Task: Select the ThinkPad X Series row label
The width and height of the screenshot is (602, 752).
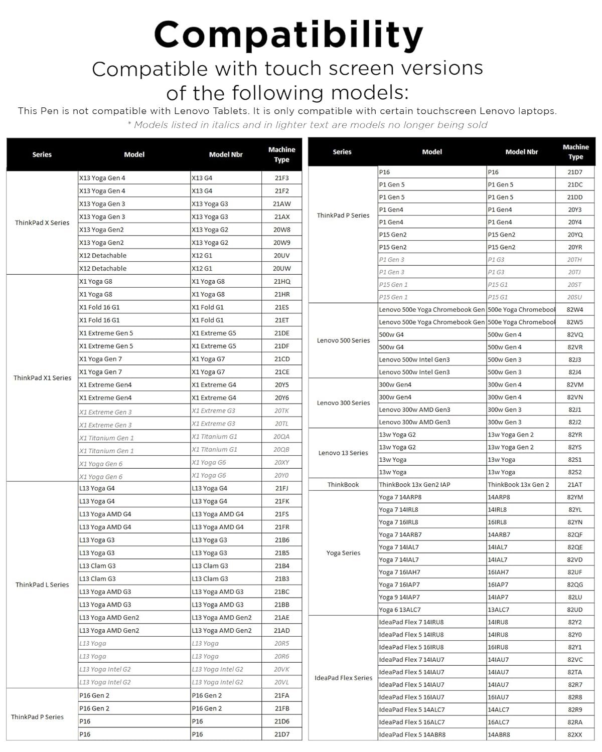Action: click(42, 223)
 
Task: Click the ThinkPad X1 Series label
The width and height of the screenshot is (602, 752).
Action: click(42, 378)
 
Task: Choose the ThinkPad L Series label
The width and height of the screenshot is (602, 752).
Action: click(42, 585)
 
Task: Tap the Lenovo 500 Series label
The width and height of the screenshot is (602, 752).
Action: click(343, 340)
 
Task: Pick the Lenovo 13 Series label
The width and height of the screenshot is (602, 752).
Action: click(343, 453)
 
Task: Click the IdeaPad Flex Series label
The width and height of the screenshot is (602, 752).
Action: click(343, 678)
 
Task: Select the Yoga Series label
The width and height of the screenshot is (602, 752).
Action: click(343, 553)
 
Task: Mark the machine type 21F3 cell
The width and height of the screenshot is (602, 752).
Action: click(281, 178)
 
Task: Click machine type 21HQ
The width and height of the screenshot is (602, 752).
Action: click(281, 281)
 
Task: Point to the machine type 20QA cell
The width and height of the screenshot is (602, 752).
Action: click(281, 437)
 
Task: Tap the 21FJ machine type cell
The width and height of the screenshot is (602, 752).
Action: click(281, 488)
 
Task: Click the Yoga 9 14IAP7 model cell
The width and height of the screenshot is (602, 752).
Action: click(399, 597)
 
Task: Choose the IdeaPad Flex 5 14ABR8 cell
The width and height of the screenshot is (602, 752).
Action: click(412, 734)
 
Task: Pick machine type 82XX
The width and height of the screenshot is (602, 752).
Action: click(575, 734)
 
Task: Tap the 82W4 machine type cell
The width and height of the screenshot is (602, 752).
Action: click(575, 310)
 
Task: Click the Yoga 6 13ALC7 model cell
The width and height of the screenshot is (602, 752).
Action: click(400, 610)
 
